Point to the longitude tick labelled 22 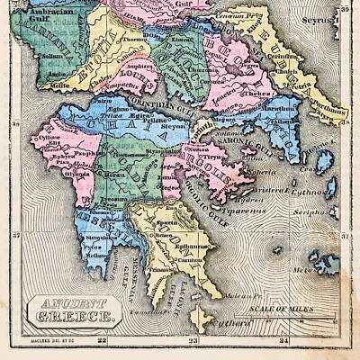tap(102, 340)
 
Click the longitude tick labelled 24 tap(285, 340)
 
